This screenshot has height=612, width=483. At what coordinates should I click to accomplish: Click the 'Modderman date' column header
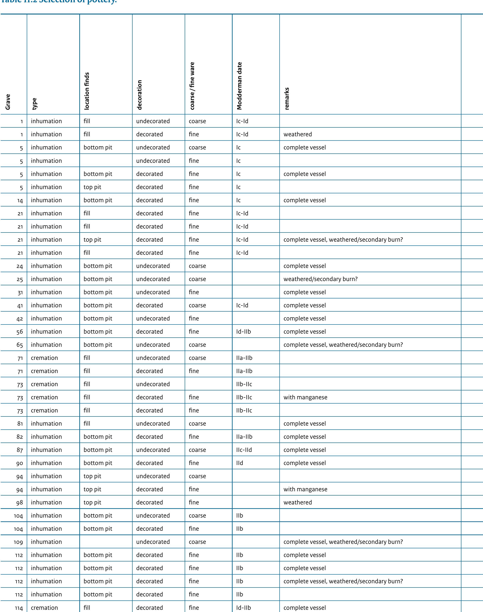[x=239, y=86]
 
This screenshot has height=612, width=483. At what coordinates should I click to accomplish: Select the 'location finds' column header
[x=87, y=91]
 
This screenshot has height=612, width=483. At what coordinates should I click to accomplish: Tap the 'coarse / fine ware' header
[x=192, y=86]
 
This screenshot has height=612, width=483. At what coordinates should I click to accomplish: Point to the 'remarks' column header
[x=287, y=99]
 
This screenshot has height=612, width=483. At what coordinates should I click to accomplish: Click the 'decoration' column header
[x=139, y=95]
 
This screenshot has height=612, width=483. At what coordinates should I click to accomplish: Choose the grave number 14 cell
[x=20, y=200]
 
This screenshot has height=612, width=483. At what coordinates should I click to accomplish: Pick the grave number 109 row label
[x=18, y=542]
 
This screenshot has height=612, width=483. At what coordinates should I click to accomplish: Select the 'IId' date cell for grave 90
[x=239, y=463]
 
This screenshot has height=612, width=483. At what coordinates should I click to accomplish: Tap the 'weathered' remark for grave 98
[x=297, y=503]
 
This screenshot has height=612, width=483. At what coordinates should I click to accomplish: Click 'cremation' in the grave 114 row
[x=44, y=608]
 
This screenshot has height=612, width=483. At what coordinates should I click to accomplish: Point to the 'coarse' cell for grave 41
[x=197, y=306]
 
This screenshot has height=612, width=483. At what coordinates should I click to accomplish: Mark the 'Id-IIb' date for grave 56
[x=244, y=332]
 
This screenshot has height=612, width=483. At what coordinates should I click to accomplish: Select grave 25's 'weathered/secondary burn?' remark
[x=320, y=279]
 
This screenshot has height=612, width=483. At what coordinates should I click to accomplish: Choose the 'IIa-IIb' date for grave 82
[x=244, y=437]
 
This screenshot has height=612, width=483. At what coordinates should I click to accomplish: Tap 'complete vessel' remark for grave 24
[x=305, y=266]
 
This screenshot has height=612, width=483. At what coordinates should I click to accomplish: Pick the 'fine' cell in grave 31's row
[x=194, y=292]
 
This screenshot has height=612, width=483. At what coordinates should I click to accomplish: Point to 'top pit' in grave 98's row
[x=92, y=503]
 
